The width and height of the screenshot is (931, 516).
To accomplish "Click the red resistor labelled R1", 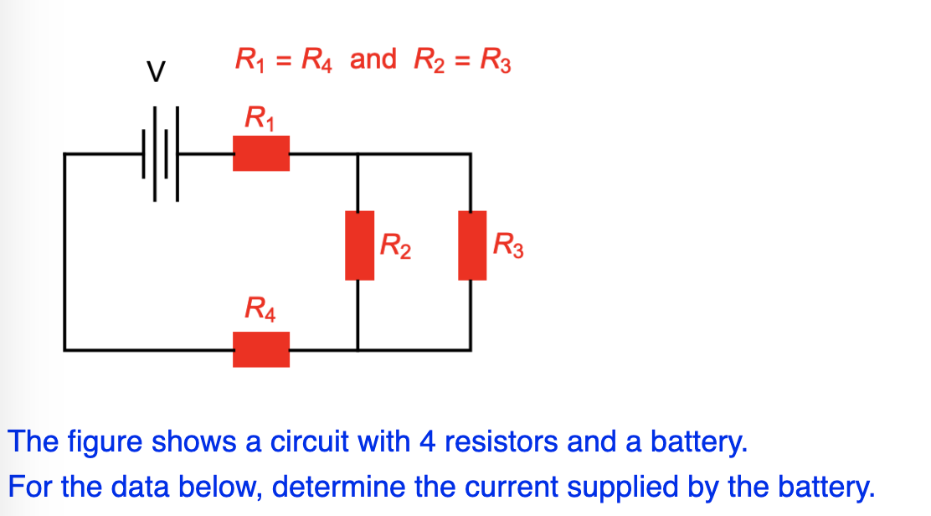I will (261, 153).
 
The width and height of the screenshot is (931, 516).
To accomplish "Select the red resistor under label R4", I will (261, 349).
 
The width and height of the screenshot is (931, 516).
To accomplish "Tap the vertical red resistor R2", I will (359, 245).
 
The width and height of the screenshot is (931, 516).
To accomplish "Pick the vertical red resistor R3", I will (472, 245).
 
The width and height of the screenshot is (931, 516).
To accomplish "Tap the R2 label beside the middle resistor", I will (395, 246).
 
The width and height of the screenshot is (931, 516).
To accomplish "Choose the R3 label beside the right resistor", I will (508, 246).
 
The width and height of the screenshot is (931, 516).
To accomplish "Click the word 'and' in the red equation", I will (373, 59).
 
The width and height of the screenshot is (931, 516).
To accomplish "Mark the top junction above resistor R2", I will (358, 154).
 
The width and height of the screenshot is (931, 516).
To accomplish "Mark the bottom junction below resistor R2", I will (358, 349).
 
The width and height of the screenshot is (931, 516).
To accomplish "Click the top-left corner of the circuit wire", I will (65, 154).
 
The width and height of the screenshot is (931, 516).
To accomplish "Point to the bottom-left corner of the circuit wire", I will (65, 349).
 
